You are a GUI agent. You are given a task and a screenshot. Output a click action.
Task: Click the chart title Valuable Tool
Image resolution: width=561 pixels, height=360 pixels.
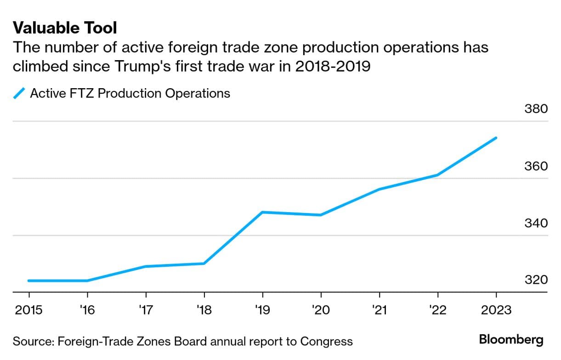click(65, 28)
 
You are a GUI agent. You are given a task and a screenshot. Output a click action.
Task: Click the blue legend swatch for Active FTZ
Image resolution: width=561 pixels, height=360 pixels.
click(19, 94)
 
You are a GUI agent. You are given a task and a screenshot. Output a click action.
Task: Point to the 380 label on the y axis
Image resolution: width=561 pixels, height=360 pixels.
click(536, 109)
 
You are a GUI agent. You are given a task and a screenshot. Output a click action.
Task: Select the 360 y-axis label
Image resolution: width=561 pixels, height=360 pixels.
click(536, 166)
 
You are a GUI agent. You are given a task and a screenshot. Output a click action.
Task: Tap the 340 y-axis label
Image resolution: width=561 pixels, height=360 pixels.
click(536, 223)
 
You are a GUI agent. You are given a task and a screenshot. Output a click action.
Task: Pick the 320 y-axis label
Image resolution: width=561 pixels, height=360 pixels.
click(536, 280)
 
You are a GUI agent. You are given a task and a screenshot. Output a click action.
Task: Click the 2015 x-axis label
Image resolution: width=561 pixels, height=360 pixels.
click(28, 310)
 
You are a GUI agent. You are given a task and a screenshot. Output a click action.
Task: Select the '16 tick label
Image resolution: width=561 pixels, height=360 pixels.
click(87, 310)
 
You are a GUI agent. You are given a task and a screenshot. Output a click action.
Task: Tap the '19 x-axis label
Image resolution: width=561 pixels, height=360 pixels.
click(262, 310)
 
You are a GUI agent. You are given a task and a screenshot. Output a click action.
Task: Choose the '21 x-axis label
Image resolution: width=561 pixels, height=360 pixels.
click(379, 310)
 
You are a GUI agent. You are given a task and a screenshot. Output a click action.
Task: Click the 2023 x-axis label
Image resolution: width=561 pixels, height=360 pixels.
click(495, 310)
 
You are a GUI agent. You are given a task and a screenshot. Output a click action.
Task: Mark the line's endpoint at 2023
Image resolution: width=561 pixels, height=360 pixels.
click(496, 138)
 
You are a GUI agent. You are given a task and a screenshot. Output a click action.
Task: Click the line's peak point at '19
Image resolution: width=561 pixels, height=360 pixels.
click(262, 212)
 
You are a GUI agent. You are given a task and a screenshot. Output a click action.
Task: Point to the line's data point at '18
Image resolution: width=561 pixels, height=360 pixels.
click(204, 264)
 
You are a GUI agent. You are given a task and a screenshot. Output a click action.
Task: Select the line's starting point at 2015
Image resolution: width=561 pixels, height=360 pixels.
click(29, 281)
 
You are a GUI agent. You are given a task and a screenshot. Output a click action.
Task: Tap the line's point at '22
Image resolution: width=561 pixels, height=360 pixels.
click(437, 175)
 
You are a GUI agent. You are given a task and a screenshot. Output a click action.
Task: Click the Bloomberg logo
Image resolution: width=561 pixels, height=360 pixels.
click(511, 340)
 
